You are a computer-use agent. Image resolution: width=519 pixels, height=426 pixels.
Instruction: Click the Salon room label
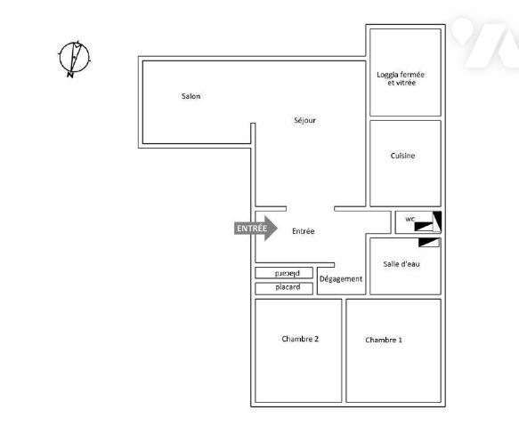click(191, 96)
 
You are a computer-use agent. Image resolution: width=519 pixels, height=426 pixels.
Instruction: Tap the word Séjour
click(304, 120)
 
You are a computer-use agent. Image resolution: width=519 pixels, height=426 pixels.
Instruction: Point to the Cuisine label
click(402, 156)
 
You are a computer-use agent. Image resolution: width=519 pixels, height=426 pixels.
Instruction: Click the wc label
click(410, 218)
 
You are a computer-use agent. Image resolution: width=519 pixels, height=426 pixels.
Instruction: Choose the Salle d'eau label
click(401, 264)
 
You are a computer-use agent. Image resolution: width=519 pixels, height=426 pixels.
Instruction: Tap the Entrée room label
click(304, 231)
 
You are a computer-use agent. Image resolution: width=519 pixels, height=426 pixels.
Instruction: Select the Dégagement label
click(341, 278)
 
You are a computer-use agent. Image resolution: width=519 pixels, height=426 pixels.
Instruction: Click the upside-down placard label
click(288, 273)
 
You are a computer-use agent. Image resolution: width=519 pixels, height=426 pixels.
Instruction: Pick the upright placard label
click(288, 287)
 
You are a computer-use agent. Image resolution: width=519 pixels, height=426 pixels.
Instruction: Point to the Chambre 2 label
click(300, 339)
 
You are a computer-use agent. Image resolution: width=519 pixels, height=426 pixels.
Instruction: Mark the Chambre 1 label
click(384, 340)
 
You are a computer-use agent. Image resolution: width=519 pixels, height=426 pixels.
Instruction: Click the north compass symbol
click(75, 58)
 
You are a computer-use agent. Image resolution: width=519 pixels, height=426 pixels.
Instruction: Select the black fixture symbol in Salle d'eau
click(429, 241)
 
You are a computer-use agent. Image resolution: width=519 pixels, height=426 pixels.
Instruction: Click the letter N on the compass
click(69, 75)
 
